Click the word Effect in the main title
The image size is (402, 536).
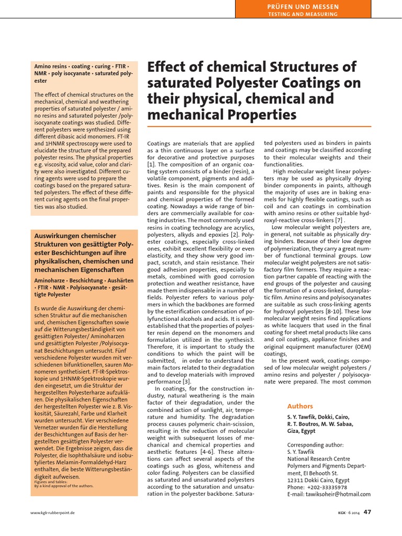pyautogui.click(x=165, y=67)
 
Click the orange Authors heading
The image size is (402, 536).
pyautogui.click(x=300, y=406)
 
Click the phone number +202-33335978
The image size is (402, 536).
pyautogui.click(x=322, y=486)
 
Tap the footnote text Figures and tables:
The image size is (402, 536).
pyautogui.click(x=48, y=481)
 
